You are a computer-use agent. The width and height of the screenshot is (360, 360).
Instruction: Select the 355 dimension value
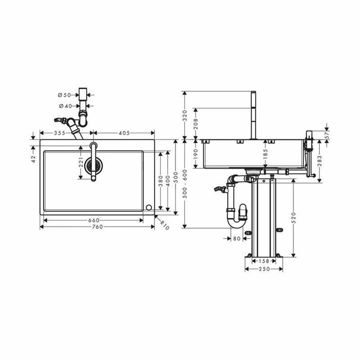[59, 133]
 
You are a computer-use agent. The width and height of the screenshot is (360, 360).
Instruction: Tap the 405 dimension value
[124, 133]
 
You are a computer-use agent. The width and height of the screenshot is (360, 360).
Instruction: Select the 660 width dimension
[94, 220]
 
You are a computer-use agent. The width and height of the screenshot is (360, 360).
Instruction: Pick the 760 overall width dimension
[97, 227]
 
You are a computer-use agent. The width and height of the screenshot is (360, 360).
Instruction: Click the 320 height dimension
[185, 115]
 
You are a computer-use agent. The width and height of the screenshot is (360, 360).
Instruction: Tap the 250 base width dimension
[264, 269]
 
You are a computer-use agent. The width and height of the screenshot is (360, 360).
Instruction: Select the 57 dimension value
[327, 135]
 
